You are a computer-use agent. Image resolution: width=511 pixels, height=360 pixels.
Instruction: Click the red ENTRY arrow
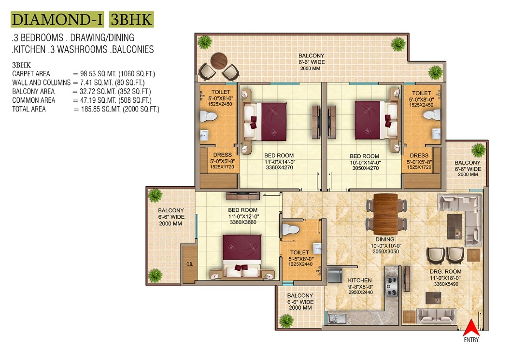point(471,328)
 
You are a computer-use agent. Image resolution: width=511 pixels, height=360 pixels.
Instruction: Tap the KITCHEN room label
point(360,280)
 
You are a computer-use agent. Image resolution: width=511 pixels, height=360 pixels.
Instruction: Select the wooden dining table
point(386,214)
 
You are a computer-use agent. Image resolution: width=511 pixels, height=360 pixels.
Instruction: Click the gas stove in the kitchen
point(391,286)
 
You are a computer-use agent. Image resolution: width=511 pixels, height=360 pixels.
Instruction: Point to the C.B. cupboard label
point(190,264)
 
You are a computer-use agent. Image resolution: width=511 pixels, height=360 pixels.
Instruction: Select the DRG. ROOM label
point(445,272)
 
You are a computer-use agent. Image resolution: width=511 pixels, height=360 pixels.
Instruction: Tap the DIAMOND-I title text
point(57,19)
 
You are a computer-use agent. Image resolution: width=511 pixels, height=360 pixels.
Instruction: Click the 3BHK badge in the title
point(131,19)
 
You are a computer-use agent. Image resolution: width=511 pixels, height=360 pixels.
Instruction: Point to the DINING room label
point(385,239)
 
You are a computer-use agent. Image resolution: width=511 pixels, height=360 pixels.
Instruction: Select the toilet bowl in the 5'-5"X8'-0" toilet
point(290,229)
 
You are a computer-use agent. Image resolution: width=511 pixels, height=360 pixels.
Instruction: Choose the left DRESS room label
point(223,155)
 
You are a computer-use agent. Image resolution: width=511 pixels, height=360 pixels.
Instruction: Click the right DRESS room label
point(419,155)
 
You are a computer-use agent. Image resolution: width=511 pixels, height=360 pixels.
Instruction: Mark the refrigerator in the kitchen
point(335,275)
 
